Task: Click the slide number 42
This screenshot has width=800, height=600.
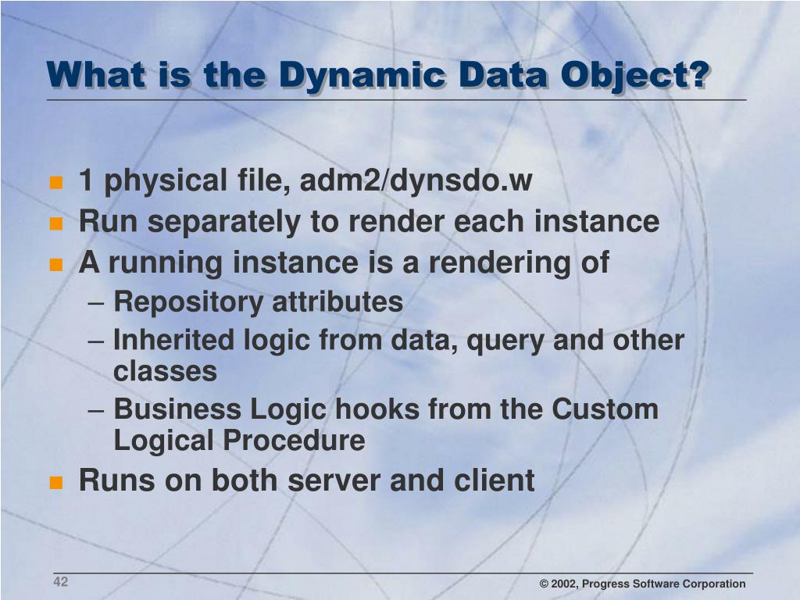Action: pyautogui.click(x=61, y=582)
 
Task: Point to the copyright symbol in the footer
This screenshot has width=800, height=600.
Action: pyautogui.click(x=545, y=584)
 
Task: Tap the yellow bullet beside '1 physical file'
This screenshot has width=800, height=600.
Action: pyautogui.click(x=55, y=183)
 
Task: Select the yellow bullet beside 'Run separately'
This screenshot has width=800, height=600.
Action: pyautogui.click(x=55, y=223)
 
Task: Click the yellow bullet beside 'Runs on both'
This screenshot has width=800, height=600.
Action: pyautogui.click(x=55, y=481)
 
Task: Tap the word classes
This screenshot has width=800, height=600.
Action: pyautogui.click(x=165, y=372)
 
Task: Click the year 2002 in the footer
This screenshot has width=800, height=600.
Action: pyautogui.click(x=566, y=584)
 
